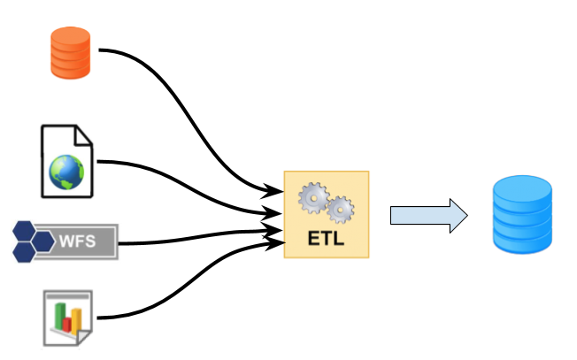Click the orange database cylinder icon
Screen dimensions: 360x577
(69, 51)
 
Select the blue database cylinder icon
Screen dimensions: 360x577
(522, 216)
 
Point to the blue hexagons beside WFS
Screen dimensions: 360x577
(33, 240)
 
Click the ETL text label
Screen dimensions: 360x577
(326, 239)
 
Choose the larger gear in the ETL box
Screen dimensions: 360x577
(313, 198)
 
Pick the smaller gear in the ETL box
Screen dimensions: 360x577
(340, 211)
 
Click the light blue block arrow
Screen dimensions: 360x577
(428, 216)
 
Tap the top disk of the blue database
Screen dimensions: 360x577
(522, 188)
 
